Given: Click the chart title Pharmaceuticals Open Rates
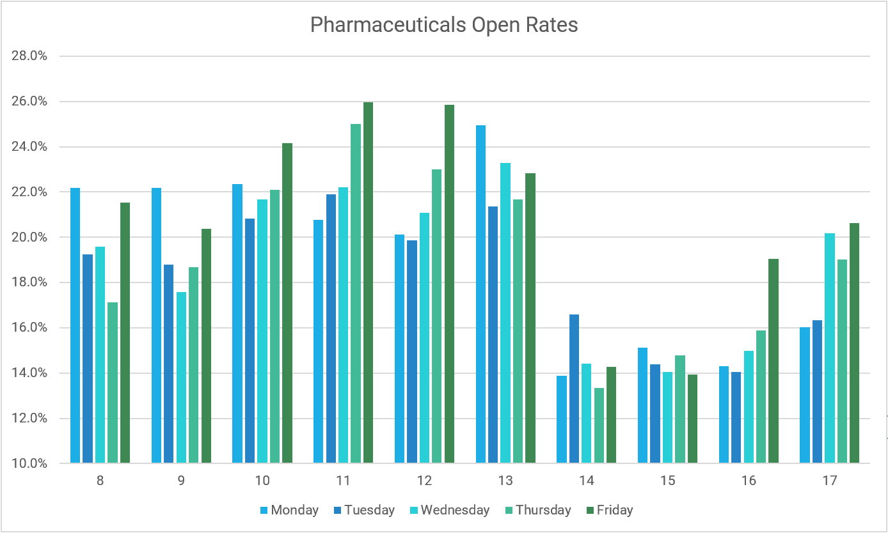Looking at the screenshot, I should [x=444, y=25].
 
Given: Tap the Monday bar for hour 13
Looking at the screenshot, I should [x=480, y=294].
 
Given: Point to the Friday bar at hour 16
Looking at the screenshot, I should [x=773, y=360].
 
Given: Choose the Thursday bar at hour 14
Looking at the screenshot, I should [x=599, y=425].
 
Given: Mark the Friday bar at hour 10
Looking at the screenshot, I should [x=287, y=303].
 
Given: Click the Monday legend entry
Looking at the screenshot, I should [x=289, y=510].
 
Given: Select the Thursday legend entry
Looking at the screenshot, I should [x=537, y=510].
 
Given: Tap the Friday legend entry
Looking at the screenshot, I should [x=609, y=510].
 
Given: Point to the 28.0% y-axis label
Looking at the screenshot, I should [x=29, y=56].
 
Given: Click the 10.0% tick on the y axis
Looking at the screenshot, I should [x=29, y=463].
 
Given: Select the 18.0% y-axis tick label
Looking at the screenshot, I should [x=29, y=282].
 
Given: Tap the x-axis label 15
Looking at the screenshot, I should [x=667, y=481].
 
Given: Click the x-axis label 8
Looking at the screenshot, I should [x=100, y=481].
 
